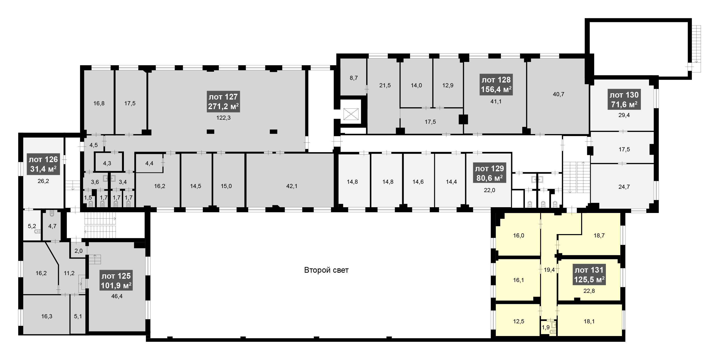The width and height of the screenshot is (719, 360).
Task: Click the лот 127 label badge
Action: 223,102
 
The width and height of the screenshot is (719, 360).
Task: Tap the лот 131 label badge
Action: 589,275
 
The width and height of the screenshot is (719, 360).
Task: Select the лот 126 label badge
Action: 43,164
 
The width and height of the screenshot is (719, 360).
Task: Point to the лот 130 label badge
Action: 624,100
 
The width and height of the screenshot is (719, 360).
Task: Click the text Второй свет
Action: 326,270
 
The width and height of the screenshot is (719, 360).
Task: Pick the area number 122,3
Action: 223,118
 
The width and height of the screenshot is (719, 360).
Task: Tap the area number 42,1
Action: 292,186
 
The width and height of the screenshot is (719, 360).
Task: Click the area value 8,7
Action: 354,78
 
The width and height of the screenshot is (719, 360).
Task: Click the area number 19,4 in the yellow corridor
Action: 549,270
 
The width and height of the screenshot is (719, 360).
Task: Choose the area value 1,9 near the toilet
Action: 545,327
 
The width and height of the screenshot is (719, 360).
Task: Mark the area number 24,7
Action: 624,187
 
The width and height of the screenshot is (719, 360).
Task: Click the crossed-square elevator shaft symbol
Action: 351,114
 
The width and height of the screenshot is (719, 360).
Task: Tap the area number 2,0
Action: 78,251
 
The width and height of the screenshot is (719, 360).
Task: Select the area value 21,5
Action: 385,85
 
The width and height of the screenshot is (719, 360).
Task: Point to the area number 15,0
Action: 226,186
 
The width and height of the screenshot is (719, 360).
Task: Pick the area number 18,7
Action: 599,236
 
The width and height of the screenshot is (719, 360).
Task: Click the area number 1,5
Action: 88,198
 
